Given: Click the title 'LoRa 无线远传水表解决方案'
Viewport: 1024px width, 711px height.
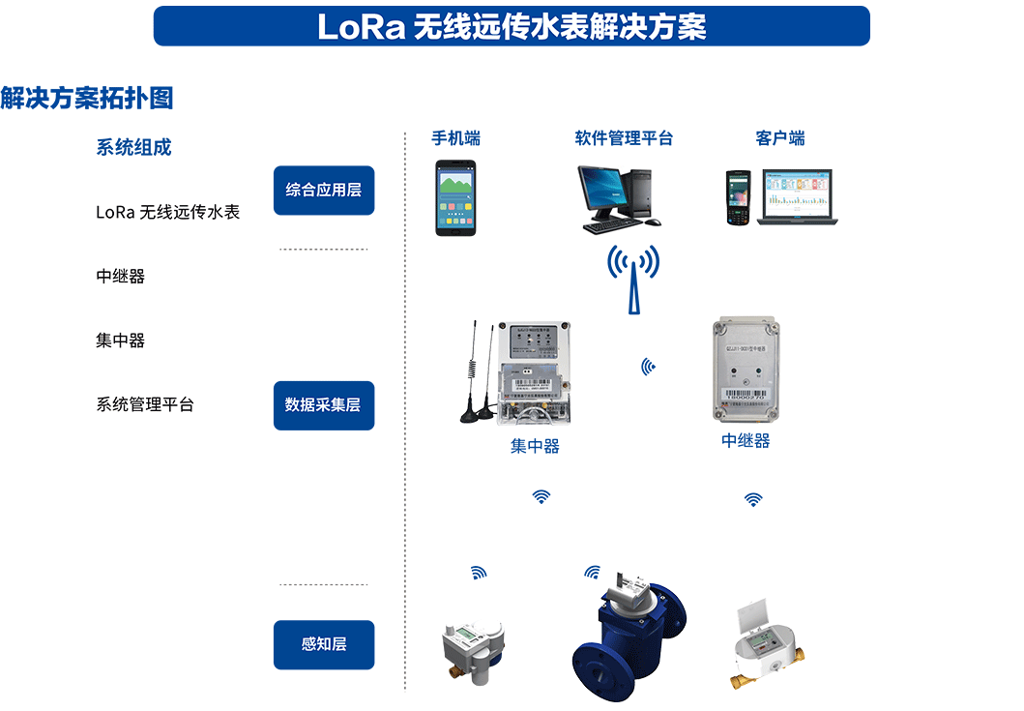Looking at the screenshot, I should coord(512,26).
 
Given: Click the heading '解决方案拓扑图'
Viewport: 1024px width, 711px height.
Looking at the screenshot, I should coord(86,98).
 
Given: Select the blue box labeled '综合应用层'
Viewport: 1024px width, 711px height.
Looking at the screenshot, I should coord(323,190).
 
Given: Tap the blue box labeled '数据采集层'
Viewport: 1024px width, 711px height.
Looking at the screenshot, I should coord(323,404).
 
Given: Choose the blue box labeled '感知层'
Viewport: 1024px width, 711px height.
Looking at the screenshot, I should coord(323,644).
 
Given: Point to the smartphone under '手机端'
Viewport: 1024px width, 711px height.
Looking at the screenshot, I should coord(455,197).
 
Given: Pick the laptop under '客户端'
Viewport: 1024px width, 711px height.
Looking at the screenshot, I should coord(798,197).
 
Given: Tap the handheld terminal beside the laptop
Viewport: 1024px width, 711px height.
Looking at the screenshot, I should coord(739,197).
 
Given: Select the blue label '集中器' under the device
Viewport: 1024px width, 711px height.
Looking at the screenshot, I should coord(535,447).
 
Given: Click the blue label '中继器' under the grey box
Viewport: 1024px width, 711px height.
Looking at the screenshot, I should coord(746,441).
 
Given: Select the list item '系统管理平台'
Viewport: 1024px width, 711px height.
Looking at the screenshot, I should coord(144,404).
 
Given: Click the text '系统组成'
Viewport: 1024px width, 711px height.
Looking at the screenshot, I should coord(133,148).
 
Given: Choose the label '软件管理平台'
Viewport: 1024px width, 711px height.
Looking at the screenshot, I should coord(624,138).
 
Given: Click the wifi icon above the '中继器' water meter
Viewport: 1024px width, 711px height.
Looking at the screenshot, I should coord(753,499).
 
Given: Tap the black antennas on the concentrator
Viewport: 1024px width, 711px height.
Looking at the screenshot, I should coord(477,371).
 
